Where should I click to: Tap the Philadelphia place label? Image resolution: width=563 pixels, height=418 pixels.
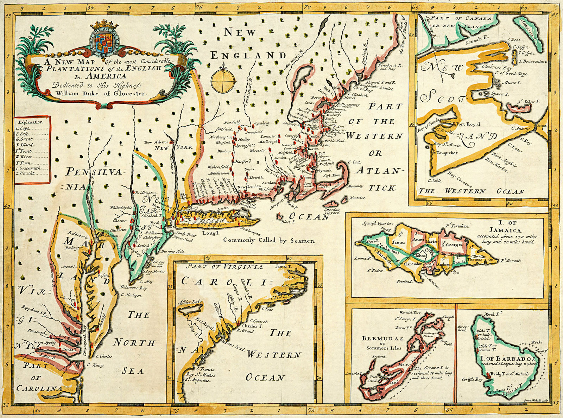[x=121, y=208]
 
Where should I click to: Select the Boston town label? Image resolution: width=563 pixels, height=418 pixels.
[x=312, y=149]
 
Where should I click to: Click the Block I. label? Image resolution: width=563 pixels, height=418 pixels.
[x=287, y=222]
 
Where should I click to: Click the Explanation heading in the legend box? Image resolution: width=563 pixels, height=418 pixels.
[x=31, y=122]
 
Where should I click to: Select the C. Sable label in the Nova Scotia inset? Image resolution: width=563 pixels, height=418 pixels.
[x=435, y=181]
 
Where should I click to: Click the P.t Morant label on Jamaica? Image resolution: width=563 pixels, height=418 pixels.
[x=510, y=261]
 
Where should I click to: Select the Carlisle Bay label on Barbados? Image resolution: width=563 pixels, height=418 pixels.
[x=472, y=379]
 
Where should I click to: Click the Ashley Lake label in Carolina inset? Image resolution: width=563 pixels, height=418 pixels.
[x=190, y=302]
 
